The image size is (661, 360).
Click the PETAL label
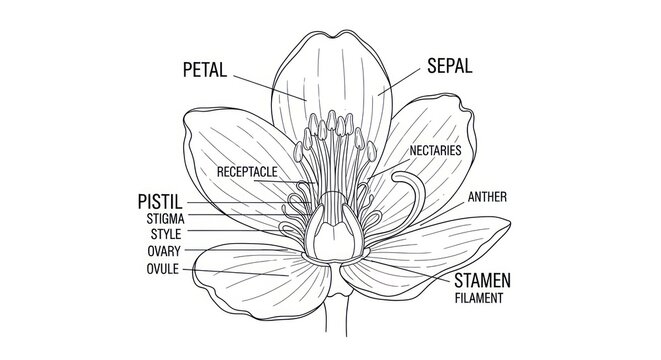[206, 70]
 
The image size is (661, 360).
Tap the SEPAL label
[449, 66]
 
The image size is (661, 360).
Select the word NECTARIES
[435, 150]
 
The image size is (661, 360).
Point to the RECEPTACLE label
[247, 172]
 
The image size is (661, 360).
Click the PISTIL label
[159, 203]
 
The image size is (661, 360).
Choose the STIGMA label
[165, 218]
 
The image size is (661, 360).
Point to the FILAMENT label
[478, 297]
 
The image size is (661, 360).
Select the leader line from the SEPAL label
[399, 80]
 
